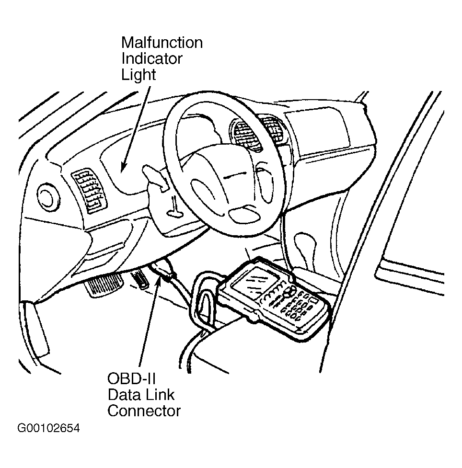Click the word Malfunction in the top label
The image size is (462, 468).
click(x=162, y=43)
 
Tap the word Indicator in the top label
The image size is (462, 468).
click(x=151, y=59)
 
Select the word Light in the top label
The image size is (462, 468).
click(x=139, y=75)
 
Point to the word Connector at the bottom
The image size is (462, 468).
click(x=144, y=411)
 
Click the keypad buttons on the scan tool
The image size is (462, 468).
click(x=296, y=305)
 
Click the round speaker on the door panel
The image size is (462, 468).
click(x=47, y=196)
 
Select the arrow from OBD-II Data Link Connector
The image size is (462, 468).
click(x=149, y=326)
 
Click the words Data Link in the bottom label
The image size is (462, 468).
click(x=141, y=395)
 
